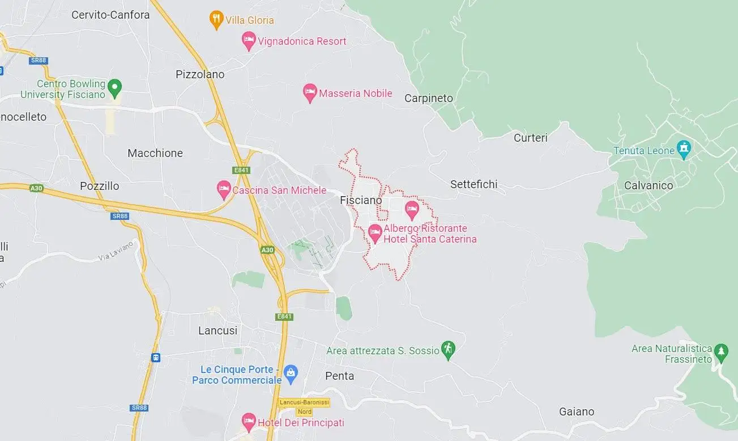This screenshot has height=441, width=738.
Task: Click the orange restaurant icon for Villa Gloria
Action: pos(216,19)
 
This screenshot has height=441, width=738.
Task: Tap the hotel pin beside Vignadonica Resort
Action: pos(248,40)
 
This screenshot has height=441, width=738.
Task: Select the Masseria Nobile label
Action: pos(355,94)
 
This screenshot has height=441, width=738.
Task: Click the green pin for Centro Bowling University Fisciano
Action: pos(115,88)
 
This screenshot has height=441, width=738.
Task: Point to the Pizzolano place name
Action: pos(200,74)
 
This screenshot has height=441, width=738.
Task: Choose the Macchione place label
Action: pos(155,153)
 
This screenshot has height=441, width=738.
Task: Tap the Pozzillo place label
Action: pos(100,186)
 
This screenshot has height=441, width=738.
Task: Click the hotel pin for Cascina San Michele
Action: pos(224,189)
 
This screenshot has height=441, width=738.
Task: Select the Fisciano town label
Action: pos(361,200)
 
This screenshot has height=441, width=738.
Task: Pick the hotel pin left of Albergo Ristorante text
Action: pos(374,232)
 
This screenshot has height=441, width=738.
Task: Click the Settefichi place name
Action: pos(473,184)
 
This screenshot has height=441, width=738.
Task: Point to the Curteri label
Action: pos(531,138)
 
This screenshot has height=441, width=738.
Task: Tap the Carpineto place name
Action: pos(429,98)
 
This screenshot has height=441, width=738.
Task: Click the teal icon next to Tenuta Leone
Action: pos(684,150)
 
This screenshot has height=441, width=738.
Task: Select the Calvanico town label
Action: pos(649,185)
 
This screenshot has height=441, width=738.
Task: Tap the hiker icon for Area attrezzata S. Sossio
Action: pos(449,350)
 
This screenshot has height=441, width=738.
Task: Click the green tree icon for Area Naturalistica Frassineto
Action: pos(721,351)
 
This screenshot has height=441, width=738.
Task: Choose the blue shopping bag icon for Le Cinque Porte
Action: pos(291,372)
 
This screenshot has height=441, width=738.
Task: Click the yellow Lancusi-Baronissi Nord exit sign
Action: pos(304,406)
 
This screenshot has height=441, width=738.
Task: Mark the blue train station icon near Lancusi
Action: pos(155,358)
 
